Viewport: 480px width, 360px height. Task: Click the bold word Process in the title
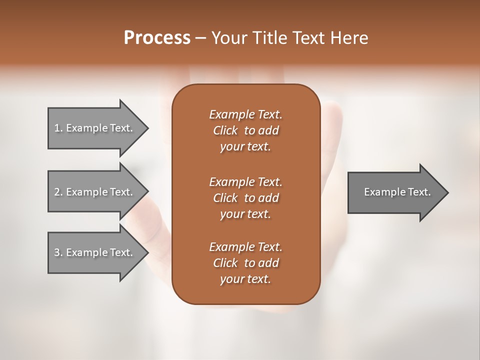157,38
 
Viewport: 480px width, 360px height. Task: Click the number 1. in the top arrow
58,128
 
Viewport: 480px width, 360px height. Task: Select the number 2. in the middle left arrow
58,192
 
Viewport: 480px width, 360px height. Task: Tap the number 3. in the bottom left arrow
58,252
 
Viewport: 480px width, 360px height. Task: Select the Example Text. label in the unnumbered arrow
397,192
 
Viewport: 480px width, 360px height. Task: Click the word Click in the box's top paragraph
225,130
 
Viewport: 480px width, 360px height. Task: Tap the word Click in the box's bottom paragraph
225,263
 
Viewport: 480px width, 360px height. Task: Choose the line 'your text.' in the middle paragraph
245,214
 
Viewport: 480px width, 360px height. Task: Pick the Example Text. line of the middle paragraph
245,181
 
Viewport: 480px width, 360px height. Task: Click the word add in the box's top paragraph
269,130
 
